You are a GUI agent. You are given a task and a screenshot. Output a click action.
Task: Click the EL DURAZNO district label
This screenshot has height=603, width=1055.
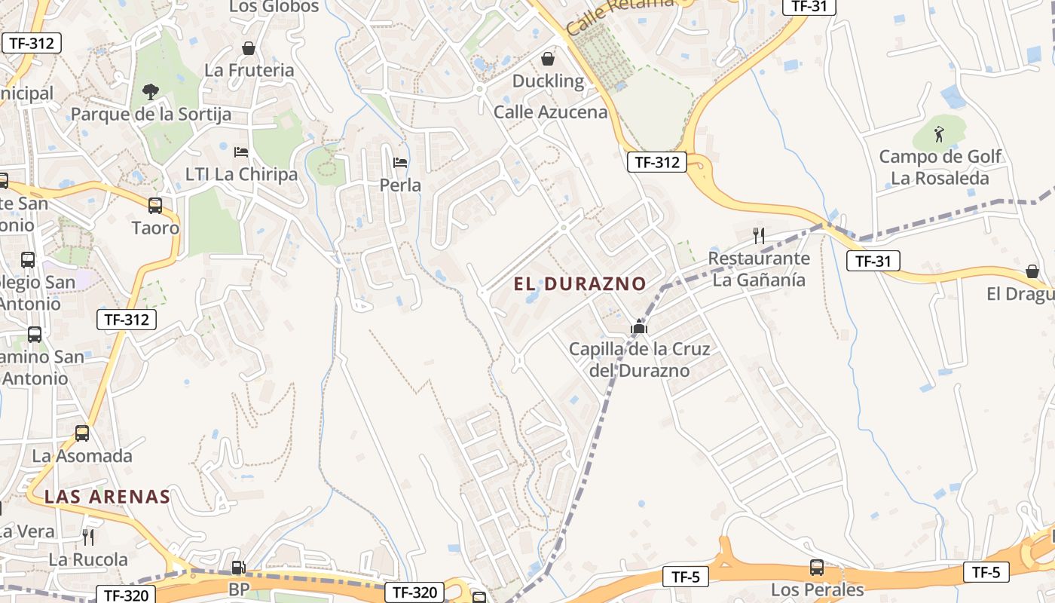click(579, 284)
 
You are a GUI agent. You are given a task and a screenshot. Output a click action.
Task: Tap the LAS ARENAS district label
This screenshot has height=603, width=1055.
click(107, 497)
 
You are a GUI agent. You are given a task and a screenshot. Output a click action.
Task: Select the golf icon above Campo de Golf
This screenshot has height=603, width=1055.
click(939, 135)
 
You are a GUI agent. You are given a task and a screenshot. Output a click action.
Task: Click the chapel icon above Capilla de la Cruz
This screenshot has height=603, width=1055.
click(639, 327)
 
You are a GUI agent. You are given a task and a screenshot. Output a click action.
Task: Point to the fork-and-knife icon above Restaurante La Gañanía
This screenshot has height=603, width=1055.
click(759, 236)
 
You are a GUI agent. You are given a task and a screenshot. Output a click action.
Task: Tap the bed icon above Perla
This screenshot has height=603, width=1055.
click(400, 162)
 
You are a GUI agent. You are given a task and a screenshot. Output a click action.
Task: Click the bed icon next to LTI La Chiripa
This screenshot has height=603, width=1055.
click(241, 152)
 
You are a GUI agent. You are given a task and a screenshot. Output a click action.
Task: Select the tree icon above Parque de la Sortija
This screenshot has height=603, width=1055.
click(151, 92)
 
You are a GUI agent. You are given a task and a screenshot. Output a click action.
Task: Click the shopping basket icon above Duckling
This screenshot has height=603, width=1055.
click(548, 58)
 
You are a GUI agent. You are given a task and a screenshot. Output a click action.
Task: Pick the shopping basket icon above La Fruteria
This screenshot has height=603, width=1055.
click(249, 48)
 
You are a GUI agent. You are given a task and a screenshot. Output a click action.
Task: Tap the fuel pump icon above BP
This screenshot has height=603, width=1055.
click(238, 568)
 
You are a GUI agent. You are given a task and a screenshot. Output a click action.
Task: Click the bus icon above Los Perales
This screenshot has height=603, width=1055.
click(817, 567)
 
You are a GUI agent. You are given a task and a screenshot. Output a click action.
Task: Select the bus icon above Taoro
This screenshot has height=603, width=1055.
click(155, 205)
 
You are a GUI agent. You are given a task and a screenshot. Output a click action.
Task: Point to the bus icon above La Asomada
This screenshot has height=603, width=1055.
click(82, 433)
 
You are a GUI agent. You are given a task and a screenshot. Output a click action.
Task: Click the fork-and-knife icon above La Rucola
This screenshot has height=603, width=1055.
click(88, 537)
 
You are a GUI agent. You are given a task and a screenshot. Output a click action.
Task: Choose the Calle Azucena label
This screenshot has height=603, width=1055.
click(550, 112)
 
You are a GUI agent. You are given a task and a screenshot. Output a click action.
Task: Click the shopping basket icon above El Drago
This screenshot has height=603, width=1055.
click(1032, 271)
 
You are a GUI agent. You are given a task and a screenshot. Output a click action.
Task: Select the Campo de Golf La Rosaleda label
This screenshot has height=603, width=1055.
click(940, 167)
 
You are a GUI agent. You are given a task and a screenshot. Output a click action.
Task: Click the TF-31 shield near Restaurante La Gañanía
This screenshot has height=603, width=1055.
click(873, 262)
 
